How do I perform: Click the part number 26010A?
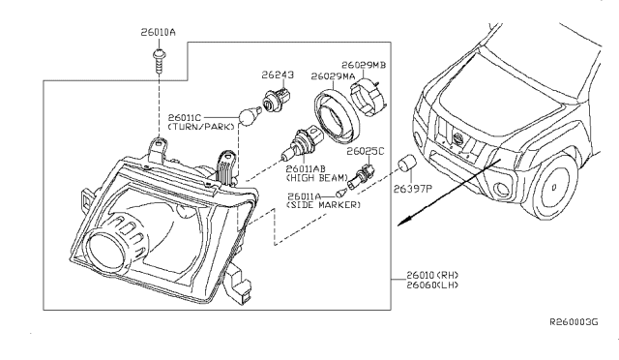(x=157, y=33)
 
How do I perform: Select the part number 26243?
(x=276, y=74)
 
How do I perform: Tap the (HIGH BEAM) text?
(x=309, y=179)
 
